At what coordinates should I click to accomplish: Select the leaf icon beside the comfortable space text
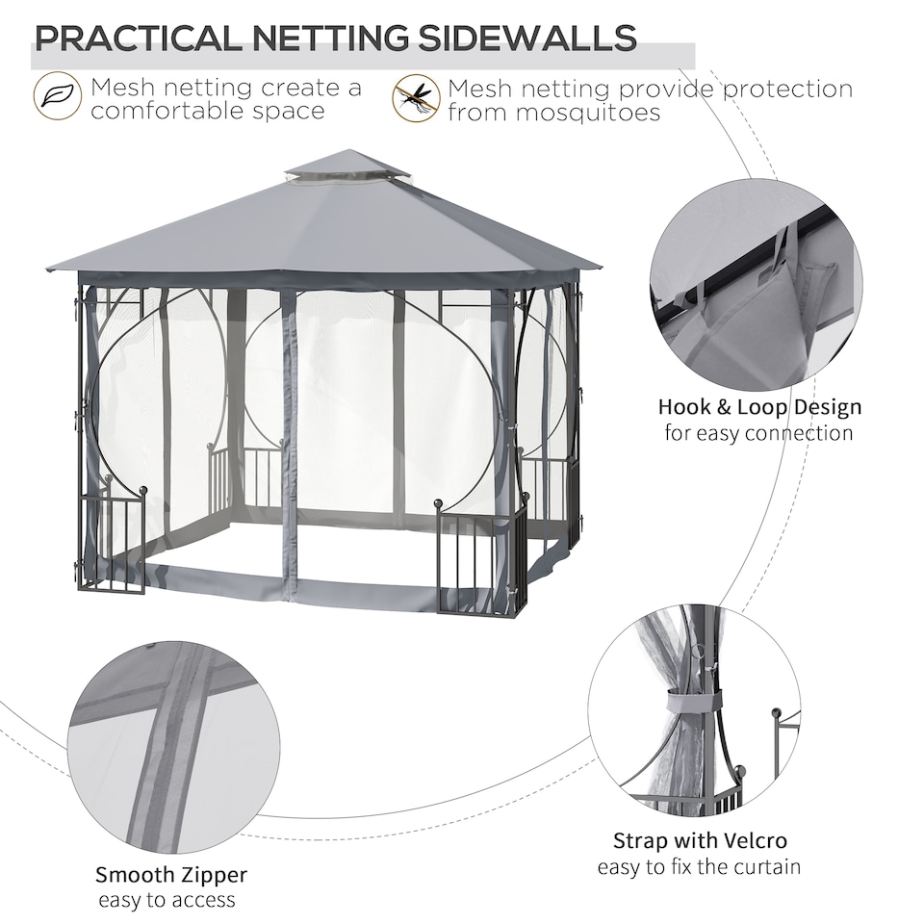pyautogui.click(x=57, y=97)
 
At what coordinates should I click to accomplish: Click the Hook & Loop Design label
pyautogui.click(x=759, y=406)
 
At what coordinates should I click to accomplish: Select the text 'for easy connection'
pyautogui.click(x=759, y=432)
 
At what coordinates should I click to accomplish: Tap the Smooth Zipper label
pyautogui.click(x=170, y=875)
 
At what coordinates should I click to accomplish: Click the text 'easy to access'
pyautogui.click(x=167, y=900)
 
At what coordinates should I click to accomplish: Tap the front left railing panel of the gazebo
pyautogui.click(x=114, y=544)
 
